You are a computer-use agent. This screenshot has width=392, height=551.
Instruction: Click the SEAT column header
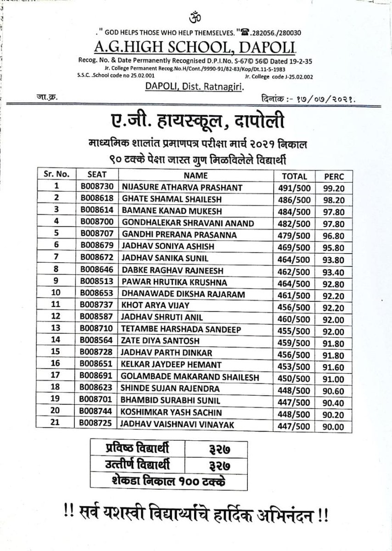point(97,175)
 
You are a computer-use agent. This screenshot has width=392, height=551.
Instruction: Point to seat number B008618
point(97,199)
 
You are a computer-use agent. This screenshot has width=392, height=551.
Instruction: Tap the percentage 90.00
point(335,427)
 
